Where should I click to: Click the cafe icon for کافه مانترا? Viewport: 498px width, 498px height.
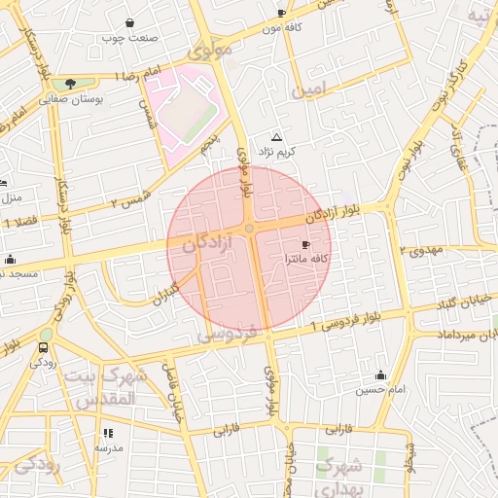coord(307,244)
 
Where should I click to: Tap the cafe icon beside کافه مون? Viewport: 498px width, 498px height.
coord(282,13)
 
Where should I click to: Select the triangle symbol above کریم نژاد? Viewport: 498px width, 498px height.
coord(277,138)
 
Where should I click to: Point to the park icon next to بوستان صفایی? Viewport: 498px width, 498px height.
coord(69,85)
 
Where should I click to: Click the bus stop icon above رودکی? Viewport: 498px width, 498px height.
coord(44,347)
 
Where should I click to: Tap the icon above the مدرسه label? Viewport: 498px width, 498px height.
coord(107,433)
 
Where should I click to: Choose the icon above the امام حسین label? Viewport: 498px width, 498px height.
coord(379,374)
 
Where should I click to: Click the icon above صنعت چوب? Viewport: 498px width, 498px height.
coord(130,22)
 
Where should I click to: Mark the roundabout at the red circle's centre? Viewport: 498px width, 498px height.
coord(250,229)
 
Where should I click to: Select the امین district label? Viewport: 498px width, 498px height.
coord(317,90)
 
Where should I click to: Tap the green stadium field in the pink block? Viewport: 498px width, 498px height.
coord(188,116)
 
